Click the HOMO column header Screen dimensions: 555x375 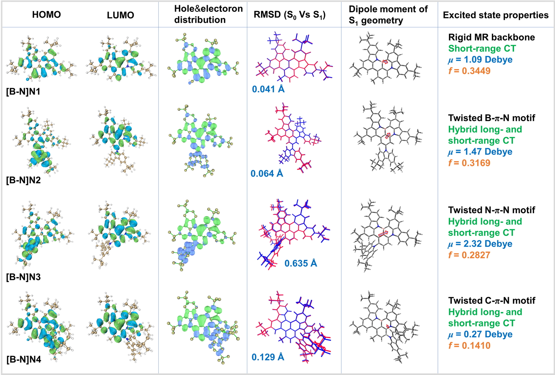46,15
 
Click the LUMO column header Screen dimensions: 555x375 121,15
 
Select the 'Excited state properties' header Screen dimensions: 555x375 496,15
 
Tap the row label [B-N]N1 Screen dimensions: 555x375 23,92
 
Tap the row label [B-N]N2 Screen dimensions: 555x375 23,180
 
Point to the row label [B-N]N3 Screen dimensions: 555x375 23,277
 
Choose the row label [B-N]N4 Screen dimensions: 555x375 24,359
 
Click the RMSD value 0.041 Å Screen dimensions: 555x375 268,89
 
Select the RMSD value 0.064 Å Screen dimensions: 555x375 267,173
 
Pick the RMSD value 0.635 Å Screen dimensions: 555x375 300,263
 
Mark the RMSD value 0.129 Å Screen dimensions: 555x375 268,357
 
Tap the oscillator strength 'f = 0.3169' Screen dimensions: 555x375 469,163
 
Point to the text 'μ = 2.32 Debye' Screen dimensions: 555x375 480,244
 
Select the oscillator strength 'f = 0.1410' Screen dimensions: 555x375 469,345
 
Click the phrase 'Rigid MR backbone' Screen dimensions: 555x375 491,37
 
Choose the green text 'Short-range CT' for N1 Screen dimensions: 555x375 482,48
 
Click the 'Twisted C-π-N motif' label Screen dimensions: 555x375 492,300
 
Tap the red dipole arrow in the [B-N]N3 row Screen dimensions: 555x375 383,234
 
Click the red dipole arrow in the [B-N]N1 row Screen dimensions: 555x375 385,62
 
